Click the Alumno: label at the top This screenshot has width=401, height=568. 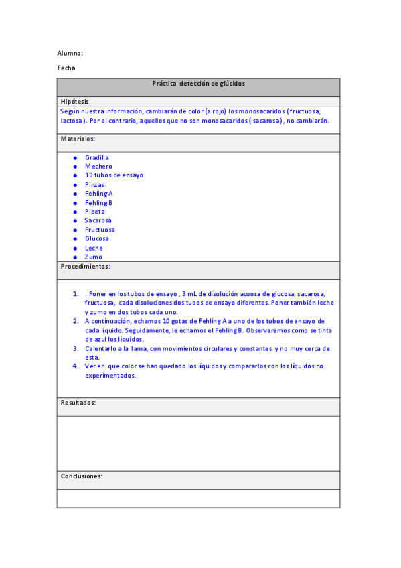point(70,53)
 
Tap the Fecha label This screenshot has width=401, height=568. point(66,68)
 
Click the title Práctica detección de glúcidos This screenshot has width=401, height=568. point(198,84)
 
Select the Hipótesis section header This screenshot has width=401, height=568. point(74,101)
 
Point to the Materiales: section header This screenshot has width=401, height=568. point(78,139)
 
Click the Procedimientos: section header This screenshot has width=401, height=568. point(86,266)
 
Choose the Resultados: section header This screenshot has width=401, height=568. point(78,403)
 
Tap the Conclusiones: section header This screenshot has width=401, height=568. point(82,476)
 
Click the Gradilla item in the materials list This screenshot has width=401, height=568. point(97,157)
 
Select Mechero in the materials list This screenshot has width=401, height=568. point(98,166)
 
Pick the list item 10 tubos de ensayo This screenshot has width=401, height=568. point(114,175)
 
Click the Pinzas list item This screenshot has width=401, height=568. point(94,184)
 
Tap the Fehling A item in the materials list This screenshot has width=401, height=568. point(99,194)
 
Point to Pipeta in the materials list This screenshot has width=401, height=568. point(95,212)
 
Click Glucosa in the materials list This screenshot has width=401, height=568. point(97,238)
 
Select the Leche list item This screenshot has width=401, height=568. point(94,248)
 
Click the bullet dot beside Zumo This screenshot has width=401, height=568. point(75,257)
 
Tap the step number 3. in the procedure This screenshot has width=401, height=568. point(76,349)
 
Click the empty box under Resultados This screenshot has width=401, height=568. point(198,443)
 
